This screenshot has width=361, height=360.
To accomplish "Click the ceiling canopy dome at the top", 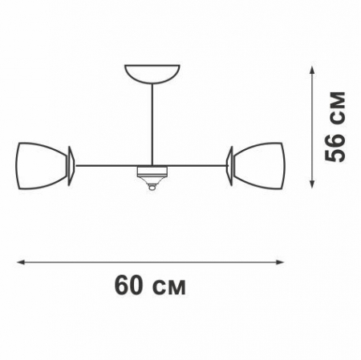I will tap(151, 71).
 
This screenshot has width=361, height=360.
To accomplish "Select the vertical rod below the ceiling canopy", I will tap(151, 120).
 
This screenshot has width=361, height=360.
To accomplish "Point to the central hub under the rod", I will tap(151, 171).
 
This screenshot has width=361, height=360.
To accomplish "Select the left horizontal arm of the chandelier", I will tap(106, 166).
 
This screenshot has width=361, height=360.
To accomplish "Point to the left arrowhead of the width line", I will tap(19, 261).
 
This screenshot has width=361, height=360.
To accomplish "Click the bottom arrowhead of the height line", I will tap(312, 185).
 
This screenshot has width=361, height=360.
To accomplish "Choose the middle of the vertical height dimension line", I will tap(312, 126).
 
